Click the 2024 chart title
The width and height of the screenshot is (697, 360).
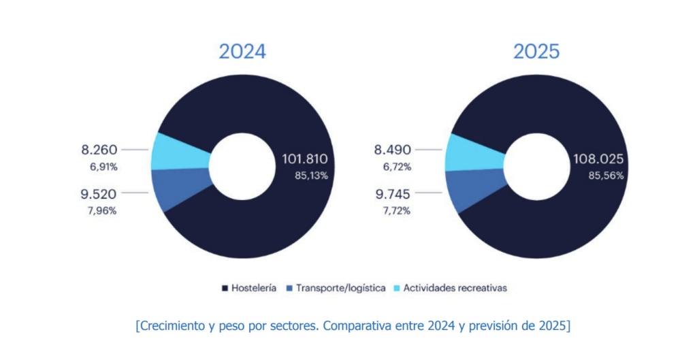pyautogui.click(x=242, y=52)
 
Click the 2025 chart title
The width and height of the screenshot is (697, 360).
pyautogui.click(x=536, y=52)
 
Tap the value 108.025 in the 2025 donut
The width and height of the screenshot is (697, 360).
pyautogui.click(x=598, y=160)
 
